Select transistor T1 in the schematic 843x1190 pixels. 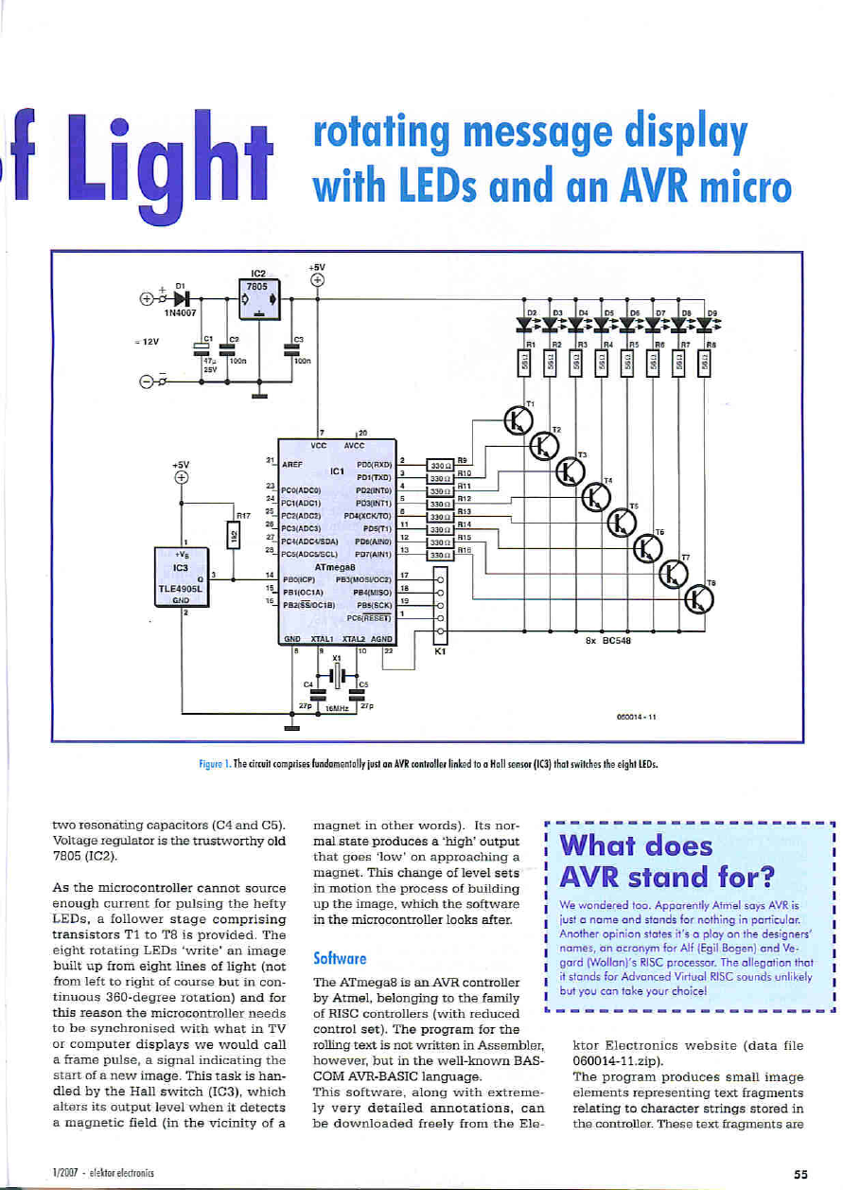pyautogui.click(x=518, y=421)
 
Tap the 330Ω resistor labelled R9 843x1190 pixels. pyautogui.click(x=440, y=465)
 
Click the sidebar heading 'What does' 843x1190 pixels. pyautogui.click(x=636, y=844)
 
